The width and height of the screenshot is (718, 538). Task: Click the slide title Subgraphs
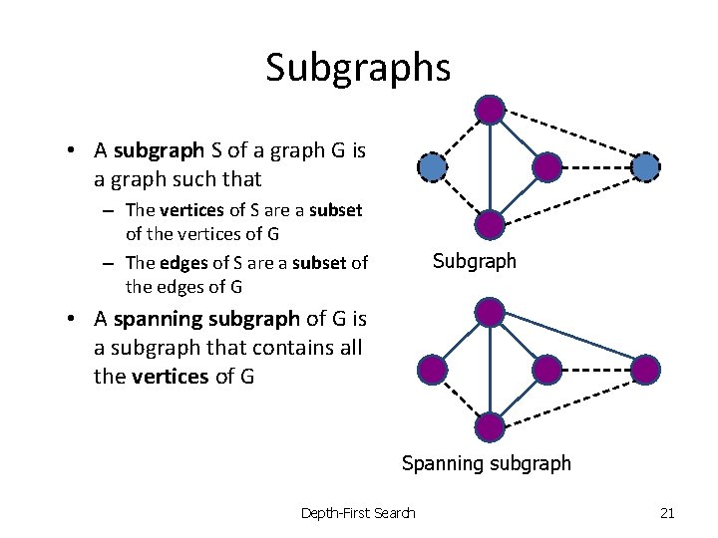tap(358, 68)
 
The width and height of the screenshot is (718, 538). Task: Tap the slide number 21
tap(667, 513)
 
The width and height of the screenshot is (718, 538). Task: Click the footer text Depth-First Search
tap(358, 513)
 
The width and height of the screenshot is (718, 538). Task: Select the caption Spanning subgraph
tap(486, 463)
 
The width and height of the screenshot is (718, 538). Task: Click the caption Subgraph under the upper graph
tap(474, 262)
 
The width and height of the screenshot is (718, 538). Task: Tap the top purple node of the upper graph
tap(490, 110)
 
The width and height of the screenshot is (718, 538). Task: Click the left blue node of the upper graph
tap(432, 166)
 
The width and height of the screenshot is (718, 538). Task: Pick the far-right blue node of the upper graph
tap(646, 166)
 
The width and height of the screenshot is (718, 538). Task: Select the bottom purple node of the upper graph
tap(490, 224)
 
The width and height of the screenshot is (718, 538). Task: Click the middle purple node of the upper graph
tap(547, 166)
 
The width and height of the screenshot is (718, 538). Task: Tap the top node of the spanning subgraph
tap(490, 312)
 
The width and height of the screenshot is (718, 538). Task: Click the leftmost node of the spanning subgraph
tap(432, 370)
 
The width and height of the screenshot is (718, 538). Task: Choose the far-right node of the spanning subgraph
tap(646, 370)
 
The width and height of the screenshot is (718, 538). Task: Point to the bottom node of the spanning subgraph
tap(490, 426)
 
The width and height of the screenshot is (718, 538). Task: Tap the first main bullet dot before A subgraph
tap(74, 151)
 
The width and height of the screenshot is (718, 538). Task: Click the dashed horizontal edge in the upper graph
tap(596, 166)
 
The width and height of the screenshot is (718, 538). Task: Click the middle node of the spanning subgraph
tap(547, 370)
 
